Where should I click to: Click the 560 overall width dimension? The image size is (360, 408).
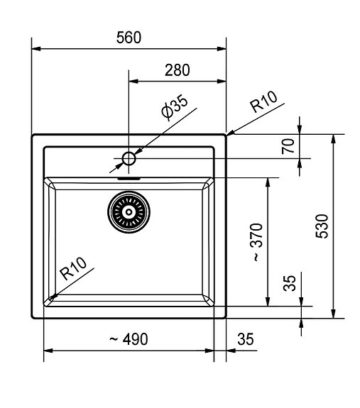coord(129,38)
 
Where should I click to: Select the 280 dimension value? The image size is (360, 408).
coord(177,70)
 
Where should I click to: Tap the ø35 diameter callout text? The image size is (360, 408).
coord(175,109)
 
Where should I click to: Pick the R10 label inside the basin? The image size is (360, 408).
coord(74,270)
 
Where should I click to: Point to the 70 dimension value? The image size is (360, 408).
coord(288,146)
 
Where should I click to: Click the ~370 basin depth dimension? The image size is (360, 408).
coord(256,243)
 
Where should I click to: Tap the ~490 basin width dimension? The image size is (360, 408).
coord(129,340)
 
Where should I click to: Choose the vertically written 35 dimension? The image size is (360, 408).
coord(289,284)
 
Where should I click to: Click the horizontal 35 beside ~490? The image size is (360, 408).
coord(245,340)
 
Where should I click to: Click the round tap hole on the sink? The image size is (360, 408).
coord(129,158)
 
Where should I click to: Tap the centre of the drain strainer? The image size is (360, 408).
coord(129,211)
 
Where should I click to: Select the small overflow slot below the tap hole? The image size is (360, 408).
coord(129,180)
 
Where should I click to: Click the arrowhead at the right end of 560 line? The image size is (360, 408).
coord(222,49)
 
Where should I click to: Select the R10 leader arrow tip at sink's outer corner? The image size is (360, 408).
coord(227,133)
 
